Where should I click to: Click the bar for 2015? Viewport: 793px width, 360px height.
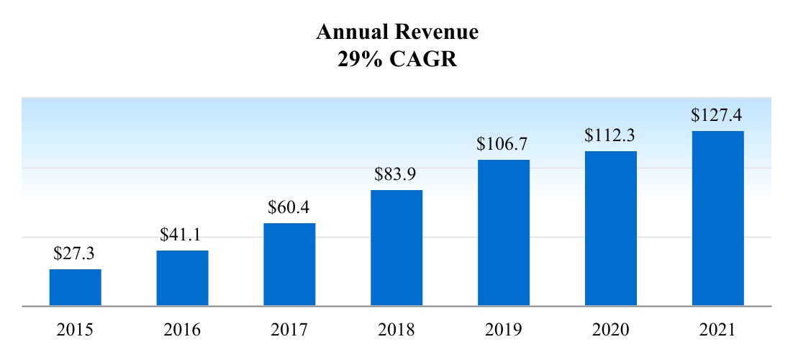coord(75,287)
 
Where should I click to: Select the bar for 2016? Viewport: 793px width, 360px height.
coord(182,278)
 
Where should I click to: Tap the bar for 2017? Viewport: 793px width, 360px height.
coord(289,264)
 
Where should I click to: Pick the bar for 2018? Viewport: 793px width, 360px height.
coord(396,248)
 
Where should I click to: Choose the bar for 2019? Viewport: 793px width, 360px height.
coord(504,233)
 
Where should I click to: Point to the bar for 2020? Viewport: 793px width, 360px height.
coord(611,228)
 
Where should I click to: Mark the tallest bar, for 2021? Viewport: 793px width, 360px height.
coord(718,218)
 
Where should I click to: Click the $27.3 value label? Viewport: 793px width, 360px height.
coord(75,253)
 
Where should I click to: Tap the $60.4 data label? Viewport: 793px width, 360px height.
coord(289,207)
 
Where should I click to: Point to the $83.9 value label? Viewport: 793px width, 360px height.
coord(396,174)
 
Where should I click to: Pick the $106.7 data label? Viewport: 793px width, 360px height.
coord(504,144)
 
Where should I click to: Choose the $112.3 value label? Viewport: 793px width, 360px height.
coord(611,135)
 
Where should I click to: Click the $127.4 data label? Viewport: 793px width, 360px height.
coord(718,115)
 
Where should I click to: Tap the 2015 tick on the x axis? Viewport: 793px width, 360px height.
coord(75,330)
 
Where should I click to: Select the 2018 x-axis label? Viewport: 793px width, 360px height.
coord(396,330)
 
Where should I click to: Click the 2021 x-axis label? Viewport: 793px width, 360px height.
coord(718,330)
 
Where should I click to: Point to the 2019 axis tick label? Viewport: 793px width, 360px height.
coord(504,330)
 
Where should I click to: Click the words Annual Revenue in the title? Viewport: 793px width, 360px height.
coord(397,32)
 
